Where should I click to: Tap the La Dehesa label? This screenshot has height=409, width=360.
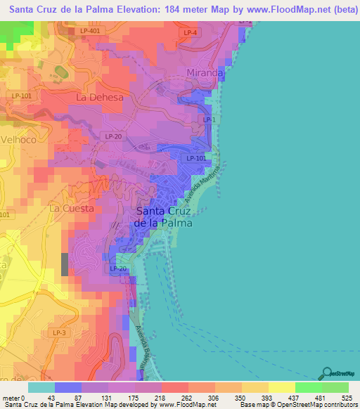[100, 97]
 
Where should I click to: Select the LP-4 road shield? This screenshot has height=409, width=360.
[190, 33]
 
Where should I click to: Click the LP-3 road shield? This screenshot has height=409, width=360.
[60, 332]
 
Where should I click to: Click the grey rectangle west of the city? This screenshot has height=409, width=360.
[65, 264]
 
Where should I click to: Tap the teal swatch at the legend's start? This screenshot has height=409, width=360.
[41, 387]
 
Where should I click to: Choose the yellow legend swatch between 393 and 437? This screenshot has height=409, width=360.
[281, 387]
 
